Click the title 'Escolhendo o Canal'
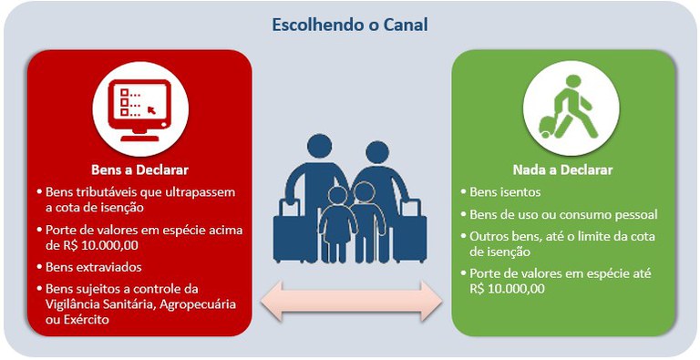[x=350, y=25]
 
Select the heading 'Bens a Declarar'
[x=139, y=170]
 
